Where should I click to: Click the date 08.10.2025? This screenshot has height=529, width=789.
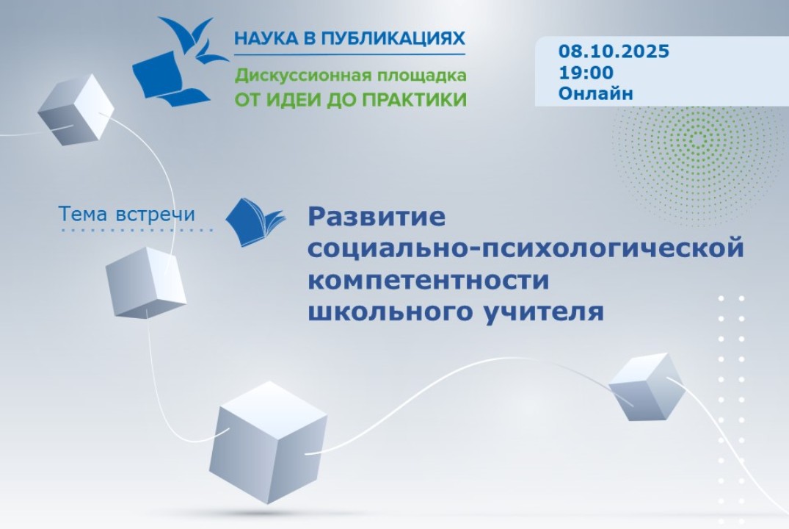(x=614, y=51)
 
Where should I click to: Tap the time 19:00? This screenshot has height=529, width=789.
(x=586, y=73)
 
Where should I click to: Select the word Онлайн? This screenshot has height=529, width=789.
(x=595, y=93)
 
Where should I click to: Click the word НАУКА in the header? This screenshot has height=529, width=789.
(x=265, y=38)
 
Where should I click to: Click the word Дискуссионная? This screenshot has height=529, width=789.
(x=295, y=76)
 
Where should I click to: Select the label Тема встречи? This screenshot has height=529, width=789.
(x=127, y=214)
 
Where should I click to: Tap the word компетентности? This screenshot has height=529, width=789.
(x=429, y=280)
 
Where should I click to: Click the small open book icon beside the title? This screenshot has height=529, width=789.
(x=254, y=221)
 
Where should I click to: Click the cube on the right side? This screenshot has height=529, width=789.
(x=646, y=386)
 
